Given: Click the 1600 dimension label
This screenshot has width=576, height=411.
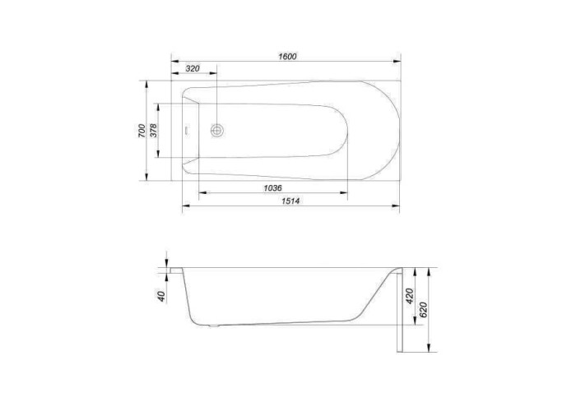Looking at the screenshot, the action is click(x=287, y=57).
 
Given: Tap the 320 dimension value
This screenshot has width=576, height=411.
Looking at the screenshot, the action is click(x=193, y=68).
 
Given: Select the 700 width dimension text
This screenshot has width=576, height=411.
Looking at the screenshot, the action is click(x=142, y=131).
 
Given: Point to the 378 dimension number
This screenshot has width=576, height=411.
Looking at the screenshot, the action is click(x=153, y=130).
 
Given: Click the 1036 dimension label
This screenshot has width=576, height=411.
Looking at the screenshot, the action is click(x=272, y=188).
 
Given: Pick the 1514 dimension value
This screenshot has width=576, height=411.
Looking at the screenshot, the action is click(x=290, y=201).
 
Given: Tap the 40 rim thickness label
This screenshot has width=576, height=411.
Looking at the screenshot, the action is click(x=161, y=296).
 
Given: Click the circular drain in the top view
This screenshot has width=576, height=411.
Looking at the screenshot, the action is click(x=217, y=130).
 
